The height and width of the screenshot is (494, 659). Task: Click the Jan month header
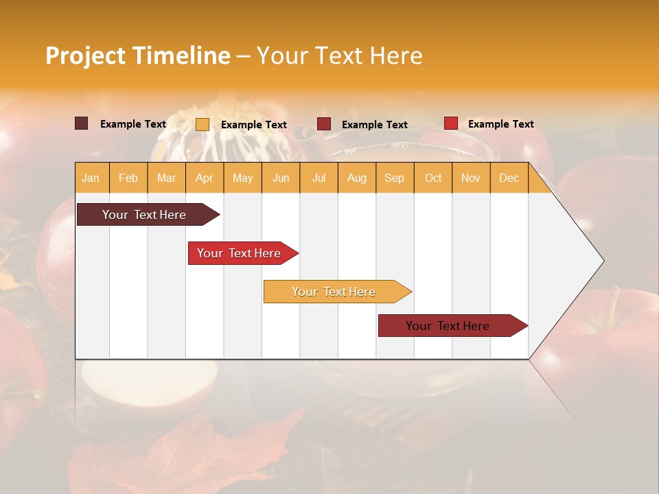click(91, 178)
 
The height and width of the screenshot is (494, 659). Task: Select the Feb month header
click(128, 178)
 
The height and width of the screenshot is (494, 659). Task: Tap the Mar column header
click(166, 178)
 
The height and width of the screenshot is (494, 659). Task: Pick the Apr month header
click(205, 178)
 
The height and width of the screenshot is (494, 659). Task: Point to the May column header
click(242, 178)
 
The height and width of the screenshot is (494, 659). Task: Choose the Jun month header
click(281, 178)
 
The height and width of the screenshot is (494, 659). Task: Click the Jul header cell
click(319, 178)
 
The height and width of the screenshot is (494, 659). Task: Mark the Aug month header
click(357, 178)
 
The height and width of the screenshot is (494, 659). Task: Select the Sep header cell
click(394, 178)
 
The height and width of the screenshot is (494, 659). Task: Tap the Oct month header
click(433, 178)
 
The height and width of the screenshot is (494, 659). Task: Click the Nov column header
click(471, 178)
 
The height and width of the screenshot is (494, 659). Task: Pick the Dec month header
click(509, 178)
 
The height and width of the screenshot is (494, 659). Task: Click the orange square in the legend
click(203, 124)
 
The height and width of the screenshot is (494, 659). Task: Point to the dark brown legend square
click(82, 123)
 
